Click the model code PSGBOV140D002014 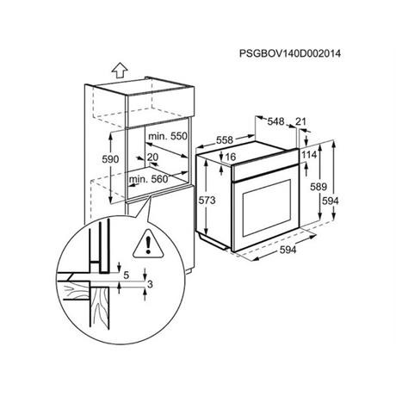point(290,53)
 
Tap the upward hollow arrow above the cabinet point(120,71)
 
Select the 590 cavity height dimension point(110,159)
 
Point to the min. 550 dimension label point(168,136)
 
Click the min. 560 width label point(148,179)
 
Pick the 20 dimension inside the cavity point(152,157)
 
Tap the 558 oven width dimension point(225,140)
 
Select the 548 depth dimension point(275,121)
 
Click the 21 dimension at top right point(300,121)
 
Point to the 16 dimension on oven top point(231,157)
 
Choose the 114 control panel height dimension point(309,155)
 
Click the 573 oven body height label point(207,200)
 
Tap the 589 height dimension point(319,187)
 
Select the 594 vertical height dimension point(331,201)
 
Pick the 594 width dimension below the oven point(288,250)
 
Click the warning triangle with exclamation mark point(148,244)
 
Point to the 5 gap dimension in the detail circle point(126,275)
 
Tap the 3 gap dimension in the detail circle point(150,284)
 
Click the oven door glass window point(267,207)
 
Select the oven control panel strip point(265,167)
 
